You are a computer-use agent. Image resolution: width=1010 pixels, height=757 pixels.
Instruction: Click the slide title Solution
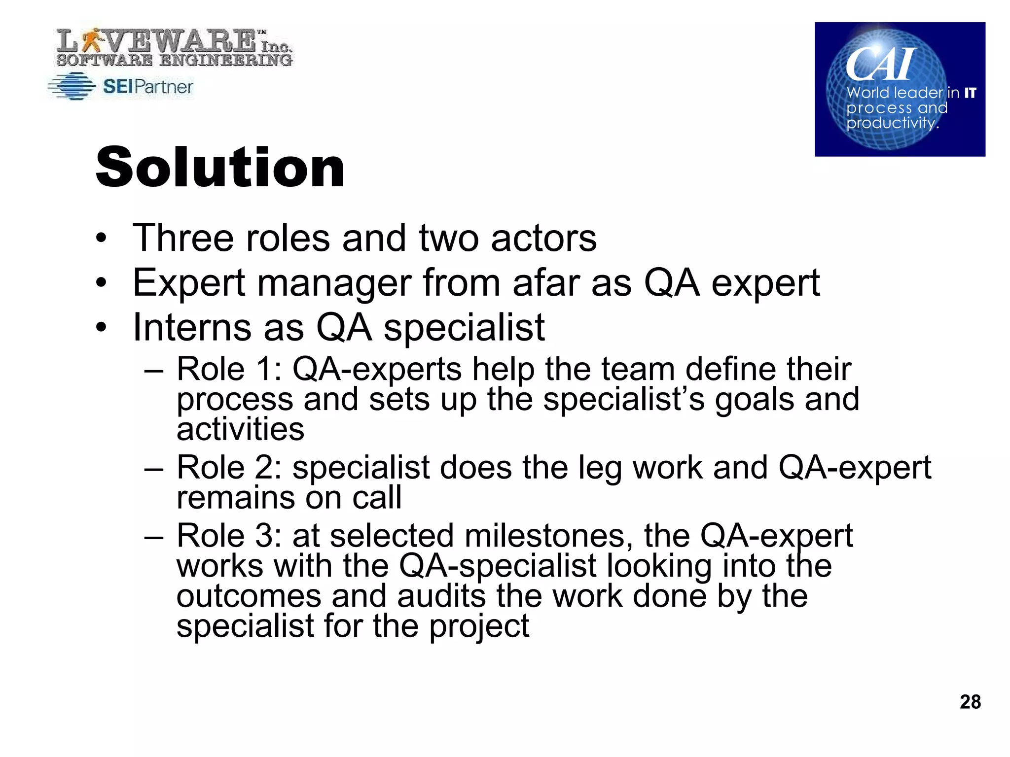click(220, 168)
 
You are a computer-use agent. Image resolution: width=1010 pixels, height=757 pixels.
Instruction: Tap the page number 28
click(970, 702)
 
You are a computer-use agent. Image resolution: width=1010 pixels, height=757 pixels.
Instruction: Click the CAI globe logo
click(900, 89)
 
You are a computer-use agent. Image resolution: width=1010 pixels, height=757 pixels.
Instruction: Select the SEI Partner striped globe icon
click(72, 87)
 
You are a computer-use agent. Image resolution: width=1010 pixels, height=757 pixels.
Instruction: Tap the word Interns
click(193, 327)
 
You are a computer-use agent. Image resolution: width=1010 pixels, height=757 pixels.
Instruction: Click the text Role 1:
click(229, 369)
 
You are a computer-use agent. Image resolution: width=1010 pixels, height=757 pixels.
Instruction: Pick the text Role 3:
click(229, 536)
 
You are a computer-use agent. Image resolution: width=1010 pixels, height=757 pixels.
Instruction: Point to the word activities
click(240, 429)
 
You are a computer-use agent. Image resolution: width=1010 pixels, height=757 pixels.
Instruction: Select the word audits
click(441, 596)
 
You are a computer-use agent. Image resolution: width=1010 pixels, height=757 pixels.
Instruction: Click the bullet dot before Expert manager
click(101, 283)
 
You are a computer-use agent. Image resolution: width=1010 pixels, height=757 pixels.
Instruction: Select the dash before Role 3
click(153, 537)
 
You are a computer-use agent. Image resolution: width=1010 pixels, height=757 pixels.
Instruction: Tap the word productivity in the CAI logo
click(891, 122)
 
